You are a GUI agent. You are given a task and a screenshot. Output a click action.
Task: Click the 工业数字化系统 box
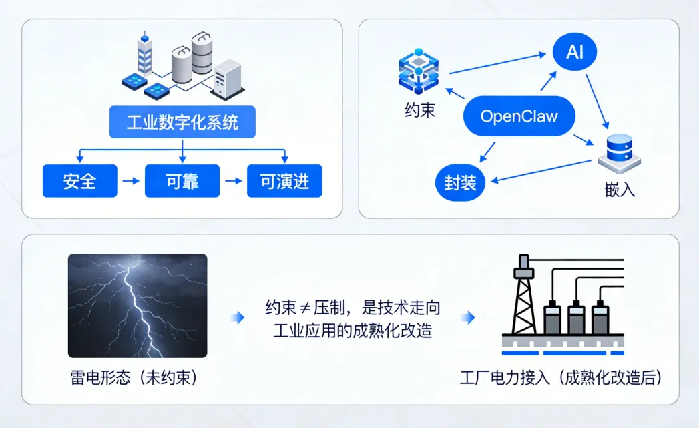pyautogui.click(x=182, y=122)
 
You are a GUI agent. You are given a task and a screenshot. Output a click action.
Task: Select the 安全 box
pyautogui.click(x=80, y=181)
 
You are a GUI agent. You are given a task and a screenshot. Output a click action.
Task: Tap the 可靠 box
pyautogui.click(x=182, y=181)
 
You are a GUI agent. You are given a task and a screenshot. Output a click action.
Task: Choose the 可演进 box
pyautogui.click(x=284, y=181)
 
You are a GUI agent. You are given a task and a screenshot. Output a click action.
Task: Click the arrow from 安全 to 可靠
pyautogui.click(x=131, y=181)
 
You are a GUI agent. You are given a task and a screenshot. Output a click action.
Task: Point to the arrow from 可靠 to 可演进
pyautogui.click(x=233, y=181)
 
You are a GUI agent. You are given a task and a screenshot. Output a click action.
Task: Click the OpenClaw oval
pyautogui.click(x=519, y=117)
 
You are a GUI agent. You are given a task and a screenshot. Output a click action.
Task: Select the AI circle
pyautogui.click(x=575, y=52)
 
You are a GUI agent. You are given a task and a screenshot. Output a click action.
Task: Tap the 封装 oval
pyautogui.click(x=460, y=182)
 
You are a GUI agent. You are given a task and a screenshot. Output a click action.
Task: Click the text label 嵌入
pyautogui.click(x=619, y=190)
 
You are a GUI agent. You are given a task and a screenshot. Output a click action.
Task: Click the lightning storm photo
pyautogui.click(x=138, y=305)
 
